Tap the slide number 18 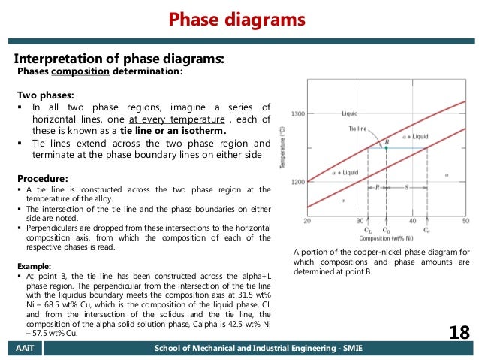click(458, 332)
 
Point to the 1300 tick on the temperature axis click(298, 114)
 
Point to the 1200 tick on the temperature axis click(298, 182)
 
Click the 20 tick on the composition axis click(307, 221)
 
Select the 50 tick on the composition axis click(465, 221)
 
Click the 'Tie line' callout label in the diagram click(357, 129)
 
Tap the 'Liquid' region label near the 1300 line click(350, 114)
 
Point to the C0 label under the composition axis click(386, 230)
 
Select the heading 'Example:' click(35, 266)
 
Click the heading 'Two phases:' click(46, 95)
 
